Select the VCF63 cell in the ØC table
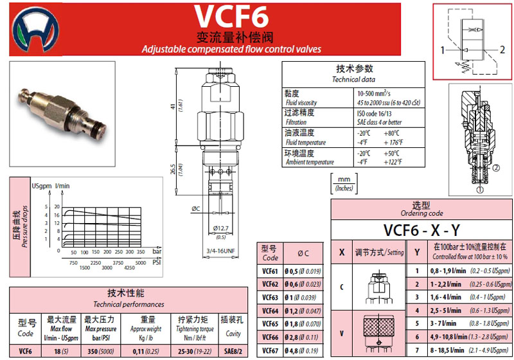[270, 298]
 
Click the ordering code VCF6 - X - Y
[421, 230]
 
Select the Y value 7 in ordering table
[417, 351]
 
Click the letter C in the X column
[341, 287]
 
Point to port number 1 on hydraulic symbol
[443, 50]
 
